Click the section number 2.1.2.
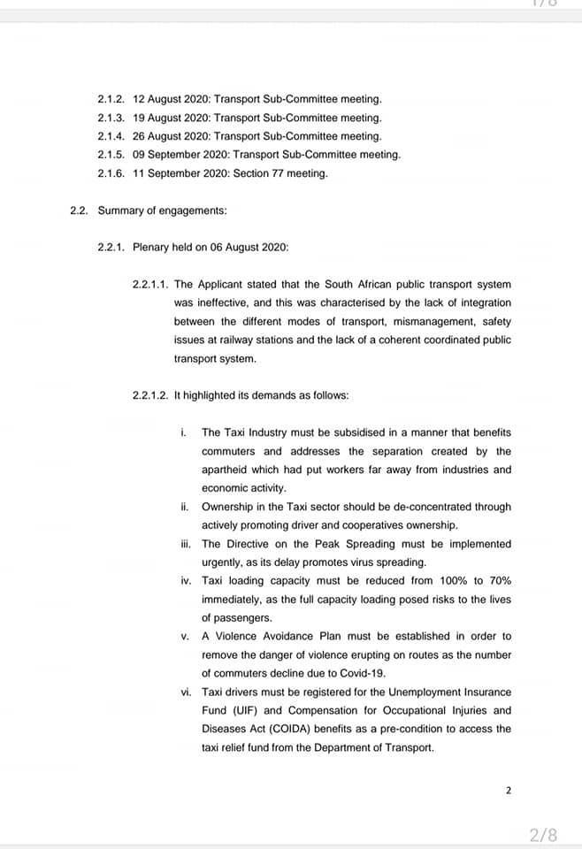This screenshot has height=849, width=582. coord(111,99)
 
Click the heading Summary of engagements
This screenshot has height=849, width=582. coord(162,210)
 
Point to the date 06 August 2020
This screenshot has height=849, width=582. coord(249,247)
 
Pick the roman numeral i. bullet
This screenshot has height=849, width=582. coord(182,432)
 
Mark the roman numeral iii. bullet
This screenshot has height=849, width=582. coord(184,544)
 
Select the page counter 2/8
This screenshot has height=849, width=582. coord(543,834)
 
